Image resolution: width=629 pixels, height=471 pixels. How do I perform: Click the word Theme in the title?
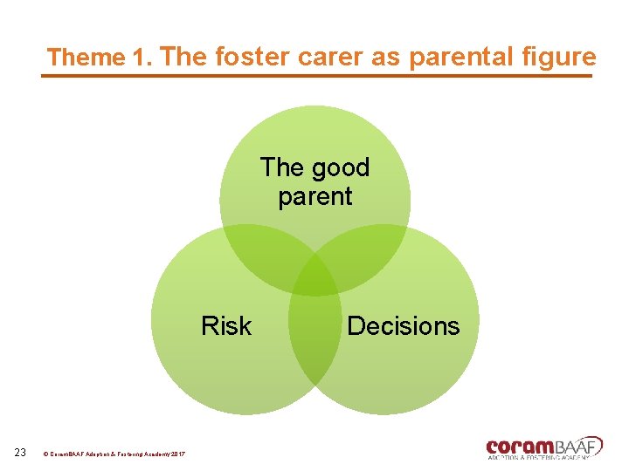coord(86,58)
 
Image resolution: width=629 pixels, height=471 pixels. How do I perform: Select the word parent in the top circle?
coord(314,196)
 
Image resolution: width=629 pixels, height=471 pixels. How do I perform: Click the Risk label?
coord(225,326)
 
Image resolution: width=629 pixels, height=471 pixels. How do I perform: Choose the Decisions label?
coord(403,326)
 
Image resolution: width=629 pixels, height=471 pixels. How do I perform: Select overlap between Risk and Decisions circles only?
coord(314,340)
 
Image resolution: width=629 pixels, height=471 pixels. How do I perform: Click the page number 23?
coord(21,452)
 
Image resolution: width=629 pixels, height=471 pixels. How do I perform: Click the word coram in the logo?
coord(522,446)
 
